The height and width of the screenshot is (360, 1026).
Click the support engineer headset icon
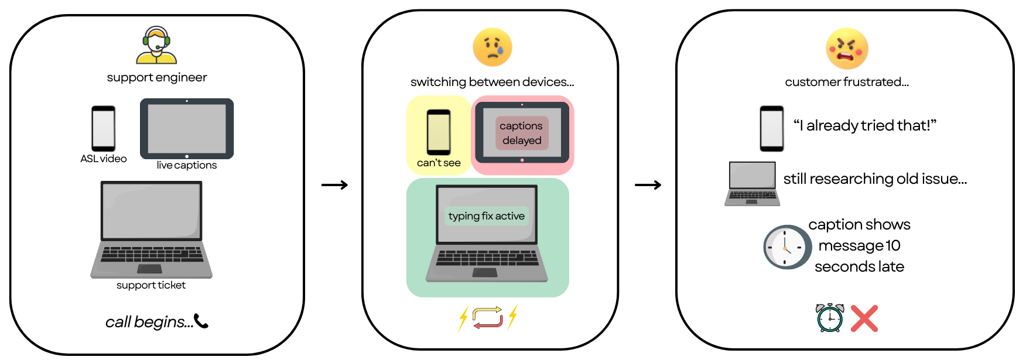click(156, 45)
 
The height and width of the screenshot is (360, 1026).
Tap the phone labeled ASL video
click(103, 128)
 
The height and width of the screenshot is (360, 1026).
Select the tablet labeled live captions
click(187, 129)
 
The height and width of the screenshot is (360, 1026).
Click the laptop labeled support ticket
click(151, 229)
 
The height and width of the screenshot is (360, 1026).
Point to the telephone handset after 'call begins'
click(201, 321)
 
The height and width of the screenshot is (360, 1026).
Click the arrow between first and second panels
click(335, 185)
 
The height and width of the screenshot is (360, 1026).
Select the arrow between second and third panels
click(648, 185)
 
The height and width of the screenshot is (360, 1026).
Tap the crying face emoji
click(493, 47)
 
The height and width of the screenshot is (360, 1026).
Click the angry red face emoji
click(847, 49)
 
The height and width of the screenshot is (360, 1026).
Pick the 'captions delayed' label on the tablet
click(521, 133)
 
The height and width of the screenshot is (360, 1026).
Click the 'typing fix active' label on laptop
click(486, 216)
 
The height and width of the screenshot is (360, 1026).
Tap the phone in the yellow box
click(439, 132)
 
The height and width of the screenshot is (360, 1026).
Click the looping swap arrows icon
click(488, 317)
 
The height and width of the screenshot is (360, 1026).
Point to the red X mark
click(864, 318)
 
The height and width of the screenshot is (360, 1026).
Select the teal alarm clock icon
click(830, 318)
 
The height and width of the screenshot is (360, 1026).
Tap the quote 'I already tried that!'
click(865, 125)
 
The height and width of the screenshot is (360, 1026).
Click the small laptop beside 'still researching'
click(752, 183)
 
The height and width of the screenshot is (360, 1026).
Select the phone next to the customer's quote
click(771, 128)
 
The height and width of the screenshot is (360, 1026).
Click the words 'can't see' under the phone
click(439, 163)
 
